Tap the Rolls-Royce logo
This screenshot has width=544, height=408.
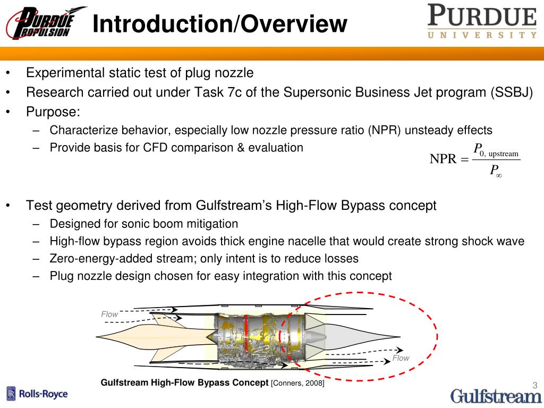(x=37, y=394)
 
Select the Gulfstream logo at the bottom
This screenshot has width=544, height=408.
(x=496, y=396)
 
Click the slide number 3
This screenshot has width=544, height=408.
(x=535, y=386)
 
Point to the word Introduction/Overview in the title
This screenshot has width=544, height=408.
(x=219, y=24)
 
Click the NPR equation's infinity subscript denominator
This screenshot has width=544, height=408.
(x=496, y=171)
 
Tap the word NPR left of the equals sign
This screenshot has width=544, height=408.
(x=443, y=159)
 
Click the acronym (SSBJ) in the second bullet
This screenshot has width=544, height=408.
(x=511, y=92)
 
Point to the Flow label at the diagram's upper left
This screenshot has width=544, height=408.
(x=109, y=314)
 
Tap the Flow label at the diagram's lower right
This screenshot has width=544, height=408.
(x=401, y=358)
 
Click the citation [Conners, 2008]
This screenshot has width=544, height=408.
(x=297, y=382)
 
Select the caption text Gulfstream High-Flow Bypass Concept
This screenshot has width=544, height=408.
(x=184, y=382)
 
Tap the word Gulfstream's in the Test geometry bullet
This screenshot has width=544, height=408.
(x=234, y=206)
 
